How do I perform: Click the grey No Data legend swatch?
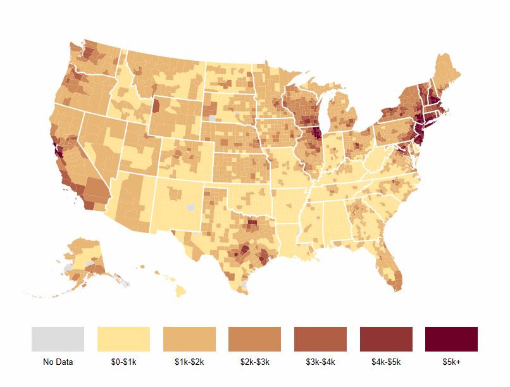pyautogui.click(x=58, y=339)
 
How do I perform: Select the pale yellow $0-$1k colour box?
pyautogui.click(x=123, y=339)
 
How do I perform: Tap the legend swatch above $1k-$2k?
pyautogui.click(x=189, y=339)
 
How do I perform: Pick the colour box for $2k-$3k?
pyautogui.click(x=255, y=339)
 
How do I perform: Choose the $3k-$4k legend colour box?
pyautogui.click(x=320, y=339)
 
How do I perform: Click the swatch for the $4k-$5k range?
pyautogui.click(x=386, y=339)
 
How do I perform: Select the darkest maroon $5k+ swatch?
pyautogui.click(x=451, y=339)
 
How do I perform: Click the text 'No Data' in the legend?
pyautogui.click(x=58, y=362)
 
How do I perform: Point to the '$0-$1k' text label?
pyautogui.click(x=123, y=362)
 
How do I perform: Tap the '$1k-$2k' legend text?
pyautogui.click(x=189, y=362)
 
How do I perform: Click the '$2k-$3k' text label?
pyautogui.click(x=255, y=362)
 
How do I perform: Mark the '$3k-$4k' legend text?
pyautogui.click(x=320, y=362)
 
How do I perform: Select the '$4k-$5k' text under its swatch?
pyautogui.click(x=386, y=362)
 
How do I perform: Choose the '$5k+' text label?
pyautogui.click(x=451, y=362)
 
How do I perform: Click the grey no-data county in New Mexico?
pyautogui.click(x=192, y=207)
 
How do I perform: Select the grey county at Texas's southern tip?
pyautogui.click(x=245, y=286)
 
